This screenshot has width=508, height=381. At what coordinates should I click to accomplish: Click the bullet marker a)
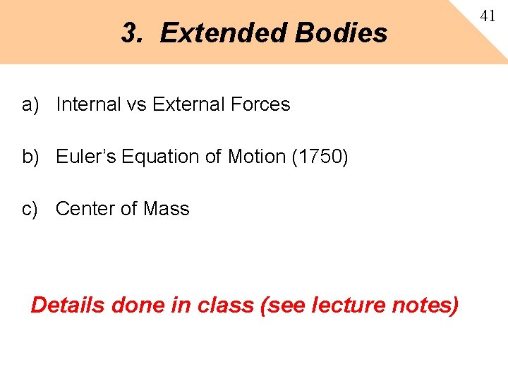tap(30, 104)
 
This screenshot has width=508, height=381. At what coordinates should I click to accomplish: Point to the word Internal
tap(88, 104)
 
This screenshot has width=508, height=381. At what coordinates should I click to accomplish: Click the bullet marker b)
tap(30, 157)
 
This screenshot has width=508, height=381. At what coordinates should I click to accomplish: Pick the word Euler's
tap(86, 157)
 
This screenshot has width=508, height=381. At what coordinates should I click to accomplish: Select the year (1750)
tap(320, 157)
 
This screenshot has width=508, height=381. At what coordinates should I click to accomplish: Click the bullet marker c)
tap(30, 209)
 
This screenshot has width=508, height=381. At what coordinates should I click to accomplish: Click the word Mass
tap(167, 209)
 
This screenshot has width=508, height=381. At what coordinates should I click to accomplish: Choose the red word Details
tap(68, 305)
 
